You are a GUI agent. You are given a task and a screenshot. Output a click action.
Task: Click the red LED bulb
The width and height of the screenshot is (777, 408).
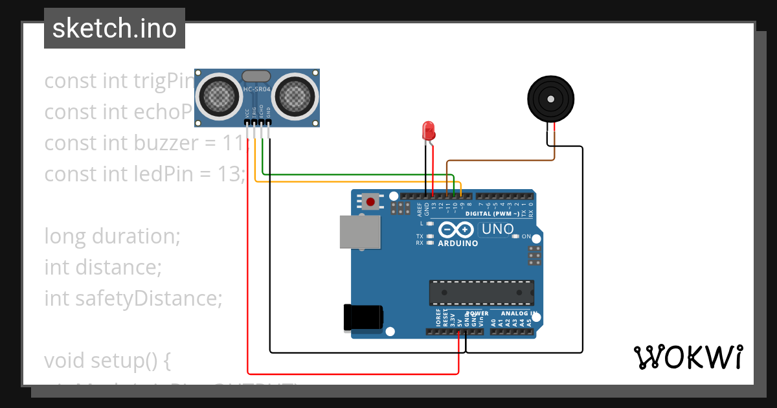[x=428, y=131]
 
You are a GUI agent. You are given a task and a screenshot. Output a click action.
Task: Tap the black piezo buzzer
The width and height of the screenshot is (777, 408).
[x=550, y=99]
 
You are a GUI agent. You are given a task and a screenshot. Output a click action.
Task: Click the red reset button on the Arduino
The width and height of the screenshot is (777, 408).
[x=370, y=201]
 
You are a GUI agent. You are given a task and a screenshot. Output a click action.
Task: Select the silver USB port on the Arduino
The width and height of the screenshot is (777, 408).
[x=360, y=232]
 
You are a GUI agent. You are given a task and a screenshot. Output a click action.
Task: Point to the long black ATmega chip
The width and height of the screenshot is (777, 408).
[x=482, y=293]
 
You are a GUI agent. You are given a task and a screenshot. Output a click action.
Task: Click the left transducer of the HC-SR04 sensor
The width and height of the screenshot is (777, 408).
[x=220, y=96]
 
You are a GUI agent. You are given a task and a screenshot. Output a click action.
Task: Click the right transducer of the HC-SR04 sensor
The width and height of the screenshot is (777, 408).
[x=295, y=96]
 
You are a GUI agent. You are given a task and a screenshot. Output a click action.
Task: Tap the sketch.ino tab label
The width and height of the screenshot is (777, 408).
[x=115, y=28]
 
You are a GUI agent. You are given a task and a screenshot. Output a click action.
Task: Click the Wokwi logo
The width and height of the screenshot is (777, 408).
[x=688, y=357]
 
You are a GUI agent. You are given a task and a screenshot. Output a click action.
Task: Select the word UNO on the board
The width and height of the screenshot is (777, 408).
[x=498, y=229]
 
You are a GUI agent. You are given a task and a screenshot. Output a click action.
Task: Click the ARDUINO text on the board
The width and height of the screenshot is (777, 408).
[x=458, y=244]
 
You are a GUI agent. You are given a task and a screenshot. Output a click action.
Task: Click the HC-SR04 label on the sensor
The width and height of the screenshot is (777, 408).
[x=256, y=89]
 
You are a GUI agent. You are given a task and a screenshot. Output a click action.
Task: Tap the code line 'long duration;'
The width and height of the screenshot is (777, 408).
[x=112, y=236]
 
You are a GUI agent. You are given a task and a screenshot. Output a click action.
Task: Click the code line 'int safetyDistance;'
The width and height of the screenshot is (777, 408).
[x=133, y=299]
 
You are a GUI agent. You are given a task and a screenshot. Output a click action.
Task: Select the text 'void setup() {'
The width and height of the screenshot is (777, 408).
[x=107, y=360]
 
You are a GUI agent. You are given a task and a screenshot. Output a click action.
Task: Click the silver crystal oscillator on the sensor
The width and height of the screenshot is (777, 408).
[x=256, y=76]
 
